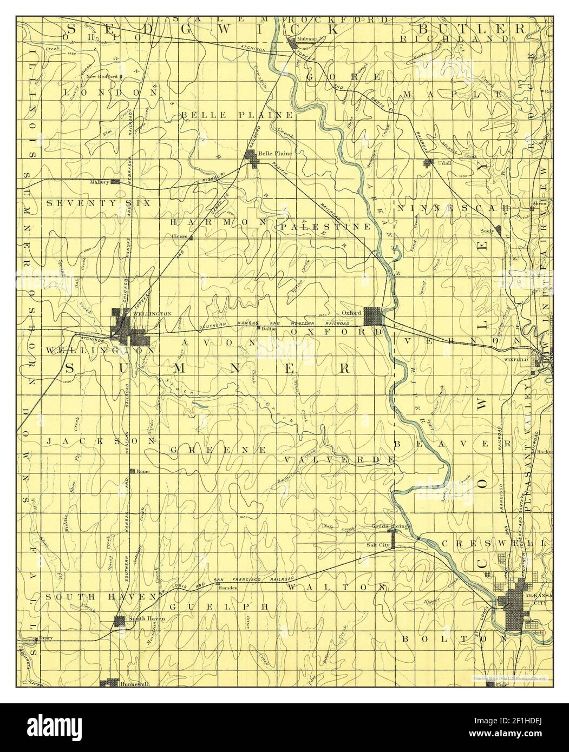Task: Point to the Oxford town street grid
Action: [x=372, y=315]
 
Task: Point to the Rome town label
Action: [x=143, y=471]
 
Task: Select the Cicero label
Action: [x=179, y=237]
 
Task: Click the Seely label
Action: [x=487, y=230]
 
